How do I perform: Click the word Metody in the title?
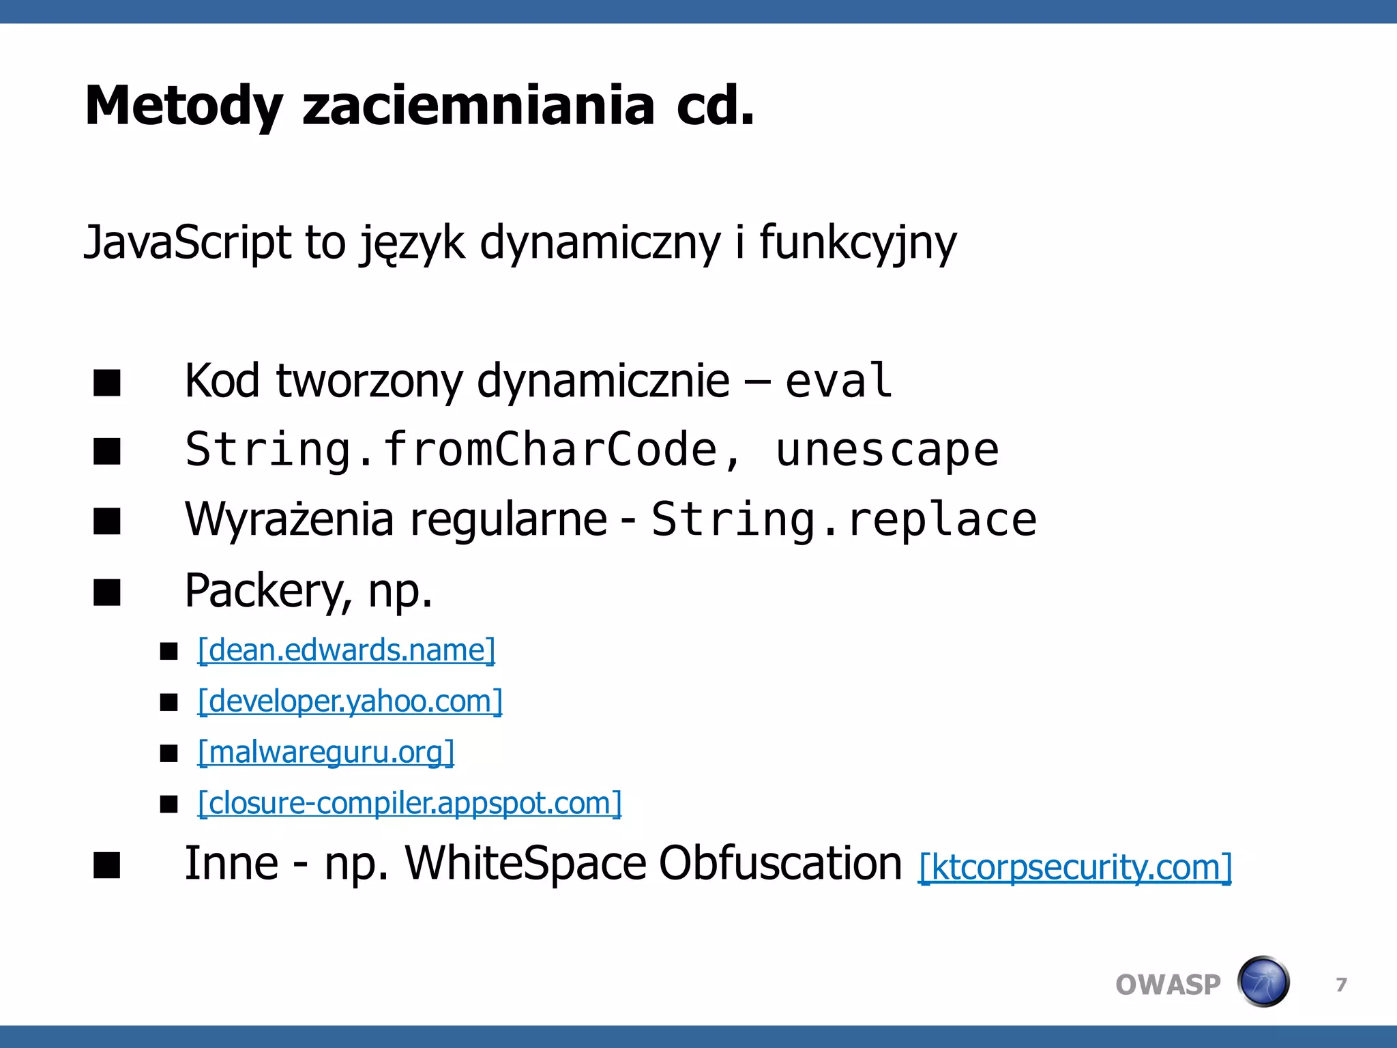pos(183,106)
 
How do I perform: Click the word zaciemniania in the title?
pos(478,106)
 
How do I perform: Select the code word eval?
pos(838,381)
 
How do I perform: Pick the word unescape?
pos(887,450)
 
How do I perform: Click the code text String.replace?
pos(844,520)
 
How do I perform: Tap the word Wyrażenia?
pos(289,520)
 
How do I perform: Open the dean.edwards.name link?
pos(347,650)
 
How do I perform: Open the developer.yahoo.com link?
pos(350,701)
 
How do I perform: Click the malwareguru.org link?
pos(326,753)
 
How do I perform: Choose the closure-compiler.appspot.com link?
pos(410,804)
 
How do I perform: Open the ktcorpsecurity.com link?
pos(1075,868)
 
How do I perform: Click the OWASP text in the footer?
pos(1168,985)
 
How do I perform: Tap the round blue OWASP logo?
pos(1263,982)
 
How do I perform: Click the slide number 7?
pos(1341,985)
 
